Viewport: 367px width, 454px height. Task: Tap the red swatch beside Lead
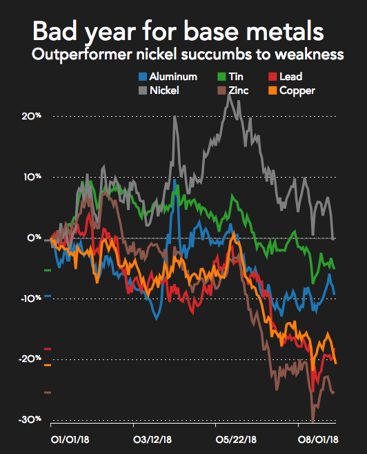(272, 77)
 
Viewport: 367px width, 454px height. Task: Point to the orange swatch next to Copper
(272, 91)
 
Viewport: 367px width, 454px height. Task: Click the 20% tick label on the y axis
(31, 116)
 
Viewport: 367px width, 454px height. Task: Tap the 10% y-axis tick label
(31, 177)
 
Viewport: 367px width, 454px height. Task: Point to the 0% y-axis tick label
(34, 238)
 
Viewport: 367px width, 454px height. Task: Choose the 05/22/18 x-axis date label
(236, 439)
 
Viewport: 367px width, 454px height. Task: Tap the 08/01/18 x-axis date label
(317, 439)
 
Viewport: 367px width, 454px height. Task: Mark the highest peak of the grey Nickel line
(228, 94)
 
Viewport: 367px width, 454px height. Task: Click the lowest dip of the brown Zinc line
(313, 420)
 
